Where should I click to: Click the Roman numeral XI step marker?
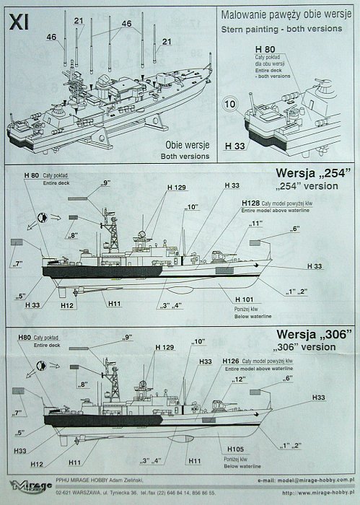[x=19, y=22]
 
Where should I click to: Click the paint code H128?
[x=250, y=203]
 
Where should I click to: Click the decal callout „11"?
[x=255, y=224]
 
